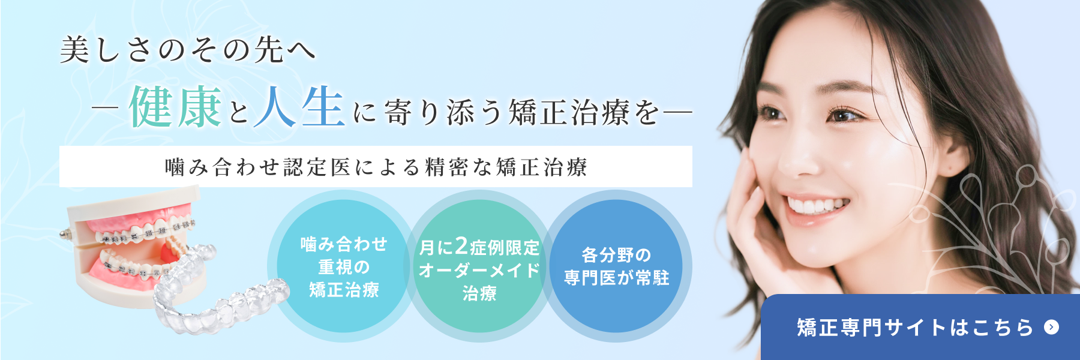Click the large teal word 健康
pos(175,107)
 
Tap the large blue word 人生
pos(299,107)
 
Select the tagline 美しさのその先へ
pos(188,49)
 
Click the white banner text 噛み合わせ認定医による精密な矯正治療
pos(376,167)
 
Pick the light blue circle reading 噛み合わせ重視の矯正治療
pos(344,266)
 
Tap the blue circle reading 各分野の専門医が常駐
pos(616,266)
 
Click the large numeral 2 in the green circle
pos(461,245)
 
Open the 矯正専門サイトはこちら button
pos(918,327)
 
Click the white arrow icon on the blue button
pos(1051,327)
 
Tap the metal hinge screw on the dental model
pos(66,233)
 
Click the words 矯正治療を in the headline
pos(585,113)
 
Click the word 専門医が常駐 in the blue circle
pos(616,278)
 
